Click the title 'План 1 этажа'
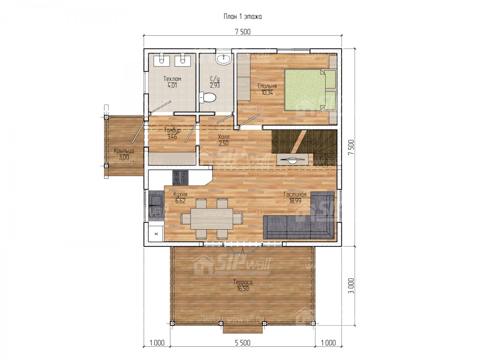(242, 17)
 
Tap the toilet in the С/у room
(207, 98)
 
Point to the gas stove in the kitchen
(180, 177)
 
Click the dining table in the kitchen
(212, 218)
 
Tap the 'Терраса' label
(243, 282)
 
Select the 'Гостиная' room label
(295, 194)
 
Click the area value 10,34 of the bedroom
(267, 92)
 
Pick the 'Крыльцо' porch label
(124, 151)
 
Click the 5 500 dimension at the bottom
(242, 343)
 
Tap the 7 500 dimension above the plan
(243, 32)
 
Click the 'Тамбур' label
(172, 130)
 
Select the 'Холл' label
(224, 137)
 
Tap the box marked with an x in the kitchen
(156, 234)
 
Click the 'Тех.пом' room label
(172, 79)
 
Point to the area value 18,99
(295, 201)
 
